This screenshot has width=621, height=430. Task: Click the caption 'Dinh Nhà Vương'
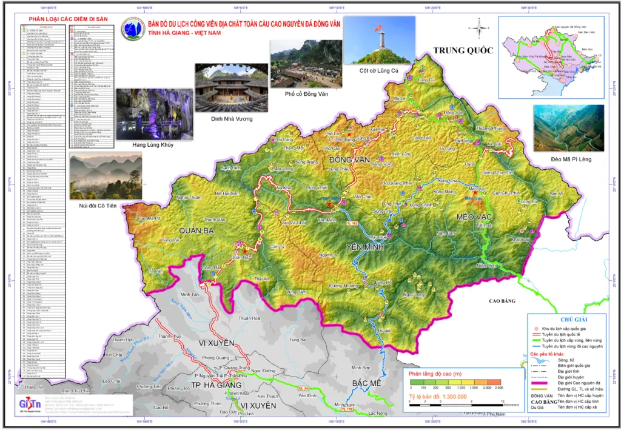(231, 118)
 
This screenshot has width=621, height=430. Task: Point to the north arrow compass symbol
(478, 27)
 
